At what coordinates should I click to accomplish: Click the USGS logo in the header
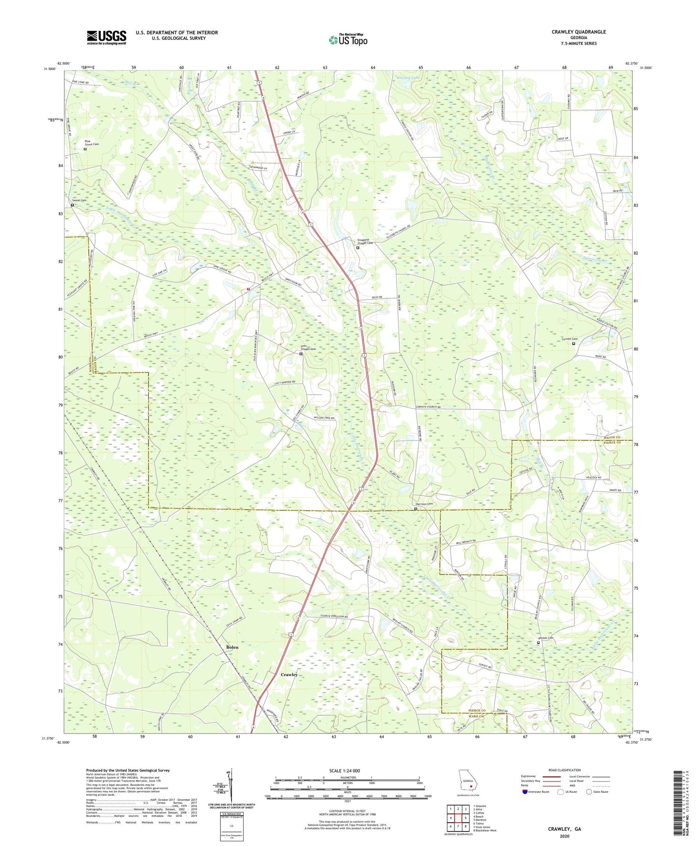click(x=106, y=37)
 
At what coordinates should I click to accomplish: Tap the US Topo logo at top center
click(x=348, y=40)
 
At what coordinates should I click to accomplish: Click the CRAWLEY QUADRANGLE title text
click(x=578, y=32)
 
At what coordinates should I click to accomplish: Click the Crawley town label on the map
click(x=289, y=675)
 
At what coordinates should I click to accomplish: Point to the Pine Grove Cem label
click(x=91, y=142)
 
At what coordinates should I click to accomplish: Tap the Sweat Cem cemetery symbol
click(x=72, y=205)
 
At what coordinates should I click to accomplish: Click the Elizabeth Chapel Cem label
click(x=364, y=241)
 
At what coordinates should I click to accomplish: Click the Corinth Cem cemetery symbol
click(x=574, y=343)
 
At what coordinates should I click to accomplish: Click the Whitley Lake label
click(x=408, y=78)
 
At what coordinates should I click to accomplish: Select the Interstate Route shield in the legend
click(x=525, y=792)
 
